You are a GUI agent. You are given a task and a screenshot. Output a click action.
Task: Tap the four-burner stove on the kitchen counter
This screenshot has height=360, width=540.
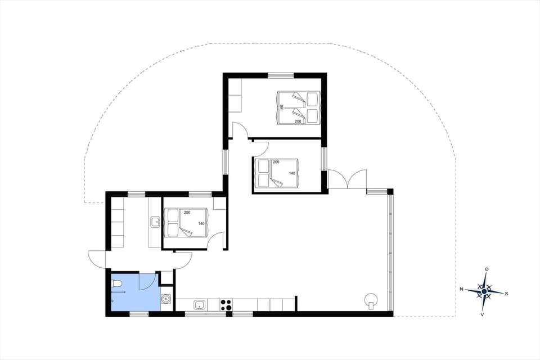pyautogui.click(x=226, y=305)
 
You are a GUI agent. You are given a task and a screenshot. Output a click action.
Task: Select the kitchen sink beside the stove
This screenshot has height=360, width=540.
pyautogui.click(x=199, y=305)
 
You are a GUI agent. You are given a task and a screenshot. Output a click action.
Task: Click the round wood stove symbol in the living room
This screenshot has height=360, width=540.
pyautogui.click(x=371, y=300)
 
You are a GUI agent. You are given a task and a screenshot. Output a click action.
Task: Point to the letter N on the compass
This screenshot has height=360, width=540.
pyautogui.click(x=461, y=290)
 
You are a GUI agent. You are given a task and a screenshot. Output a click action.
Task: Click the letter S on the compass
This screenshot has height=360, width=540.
pyautogui.click(x=507, y=293)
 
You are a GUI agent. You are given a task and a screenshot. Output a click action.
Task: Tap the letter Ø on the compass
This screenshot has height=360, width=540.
pyautogui.click(x=487, y=269)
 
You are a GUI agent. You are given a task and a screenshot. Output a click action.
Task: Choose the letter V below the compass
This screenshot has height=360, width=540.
pyautogui.click(x=483, y=314)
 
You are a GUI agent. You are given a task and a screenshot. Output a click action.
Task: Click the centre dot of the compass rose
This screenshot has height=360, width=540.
pyautogui.click(x=484, y=291)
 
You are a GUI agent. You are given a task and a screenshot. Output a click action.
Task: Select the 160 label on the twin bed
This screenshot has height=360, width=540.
pyautogui.click(x=281, y=107)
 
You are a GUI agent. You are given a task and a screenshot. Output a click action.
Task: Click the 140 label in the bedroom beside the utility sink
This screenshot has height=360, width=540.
pyautogui.click(x=201, y=223)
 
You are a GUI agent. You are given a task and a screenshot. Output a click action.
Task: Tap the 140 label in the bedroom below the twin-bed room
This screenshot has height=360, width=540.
pyautogui.click(x=291, y=173)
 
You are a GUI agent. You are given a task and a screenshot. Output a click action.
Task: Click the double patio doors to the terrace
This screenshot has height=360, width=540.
pyautogui.click(x=347, y=180)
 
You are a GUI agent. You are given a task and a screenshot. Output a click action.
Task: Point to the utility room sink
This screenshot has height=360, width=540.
pyautogui.click(x=155, y=222)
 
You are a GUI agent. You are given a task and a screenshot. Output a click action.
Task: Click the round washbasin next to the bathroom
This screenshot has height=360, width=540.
pyautogui.click(x=166, y=299)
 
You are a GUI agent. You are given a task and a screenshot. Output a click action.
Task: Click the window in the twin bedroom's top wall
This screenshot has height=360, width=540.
pyautogui.click(x=281, y=75)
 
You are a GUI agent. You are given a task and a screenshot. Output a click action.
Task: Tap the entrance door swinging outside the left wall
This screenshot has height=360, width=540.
pyautogui.click(x=97, y=260)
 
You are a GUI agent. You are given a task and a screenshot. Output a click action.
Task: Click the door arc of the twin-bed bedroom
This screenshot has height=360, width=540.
pyautogui.click(x=241, y=130)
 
